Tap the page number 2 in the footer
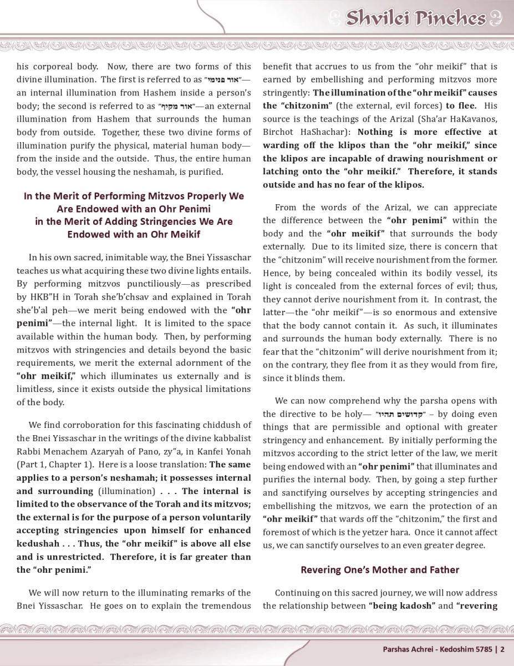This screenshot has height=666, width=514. (x=503, y=648)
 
